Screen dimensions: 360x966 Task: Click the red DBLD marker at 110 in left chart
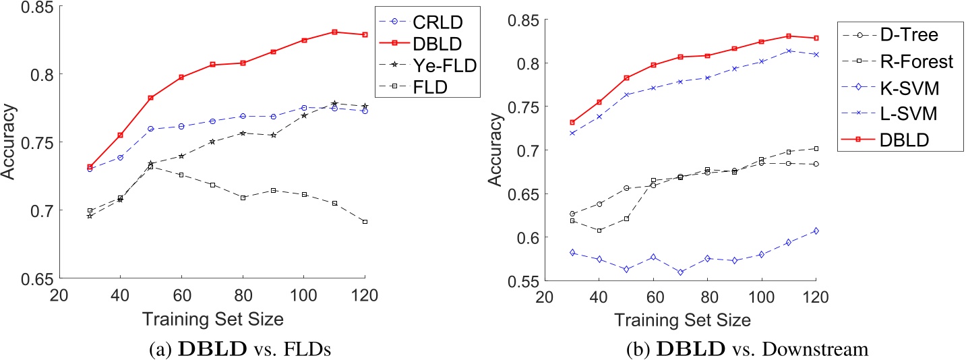334,32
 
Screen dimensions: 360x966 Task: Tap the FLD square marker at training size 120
365,222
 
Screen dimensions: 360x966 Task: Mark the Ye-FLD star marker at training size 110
334,103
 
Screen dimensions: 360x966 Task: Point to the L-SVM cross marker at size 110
788,51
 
